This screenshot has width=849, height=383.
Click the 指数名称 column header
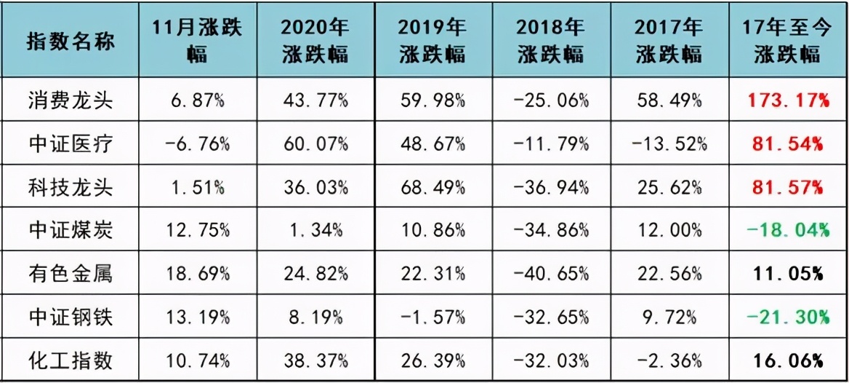[x=71, y=41]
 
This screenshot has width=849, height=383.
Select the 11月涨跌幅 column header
[x=196, y=41]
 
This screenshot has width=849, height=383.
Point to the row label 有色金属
[x=71, y=274]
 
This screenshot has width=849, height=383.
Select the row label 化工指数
[x=71, y=360]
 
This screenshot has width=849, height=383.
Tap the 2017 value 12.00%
[x=669, y=231]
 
